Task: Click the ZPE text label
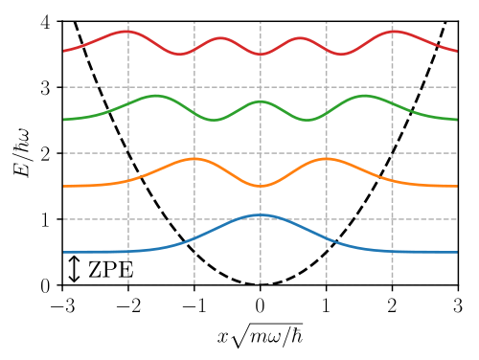[110, 270]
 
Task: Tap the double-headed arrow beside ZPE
[74, 269]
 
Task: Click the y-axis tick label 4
[46, 22]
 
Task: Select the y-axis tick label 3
[46, 88]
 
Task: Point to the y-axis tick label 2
[46, 154]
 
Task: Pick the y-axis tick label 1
[46, 220]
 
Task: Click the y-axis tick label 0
[46, 286]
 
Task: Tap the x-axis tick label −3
[63, 305]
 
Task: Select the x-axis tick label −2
[128, 305]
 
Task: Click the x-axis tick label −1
[194, 305]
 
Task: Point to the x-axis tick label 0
[261, 305]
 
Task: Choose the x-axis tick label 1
[326, 305]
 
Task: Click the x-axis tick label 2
[392, 305]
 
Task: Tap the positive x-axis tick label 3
[458, 305]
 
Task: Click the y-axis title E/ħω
[22, 152]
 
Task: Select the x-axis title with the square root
[261, 335]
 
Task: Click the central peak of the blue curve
[261, 214]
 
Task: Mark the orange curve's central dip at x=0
[261, 186]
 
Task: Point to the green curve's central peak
[261, 101]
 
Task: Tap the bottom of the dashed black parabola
[261, 284]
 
